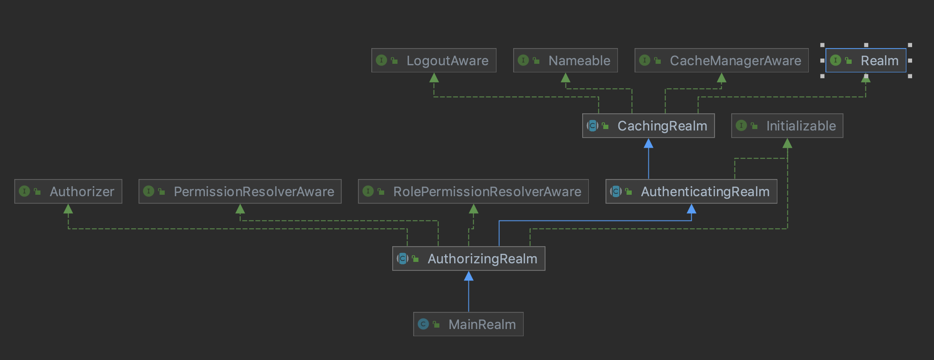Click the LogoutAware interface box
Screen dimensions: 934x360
[434, 60]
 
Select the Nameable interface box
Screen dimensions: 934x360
[566, 60]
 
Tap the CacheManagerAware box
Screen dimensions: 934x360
[722, 60]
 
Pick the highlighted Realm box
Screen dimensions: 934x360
[866, 60]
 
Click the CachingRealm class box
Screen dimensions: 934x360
[648, 126]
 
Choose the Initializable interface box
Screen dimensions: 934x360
[787, 126]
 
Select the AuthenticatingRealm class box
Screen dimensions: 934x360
[691, 191]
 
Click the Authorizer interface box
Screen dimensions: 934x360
[68, 191]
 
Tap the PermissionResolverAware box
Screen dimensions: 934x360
[240, 191]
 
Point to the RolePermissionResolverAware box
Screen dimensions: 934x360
[473, 191]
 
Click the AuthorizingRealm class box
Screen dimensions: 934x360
[469, 259]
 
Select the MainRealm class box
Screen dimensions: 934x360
[468, 324]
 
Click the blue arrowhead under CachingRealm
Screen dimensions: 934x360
[648, 143]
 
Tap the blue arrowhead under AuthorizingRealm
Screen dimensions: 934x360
[469, 276]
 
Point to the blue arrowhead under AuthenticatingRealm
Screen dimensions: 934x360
[692, 209]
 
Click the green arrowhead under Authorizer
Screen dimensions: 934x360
[68, 209]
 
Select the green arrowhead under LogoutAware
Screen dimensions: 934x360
[434, 78]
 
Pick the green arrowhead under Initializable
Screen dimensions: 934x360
[787, 143]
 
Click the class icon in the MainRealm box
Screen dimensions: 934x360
[423, 324]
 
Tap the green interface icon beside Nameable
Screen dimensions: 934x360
[523, 60]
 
